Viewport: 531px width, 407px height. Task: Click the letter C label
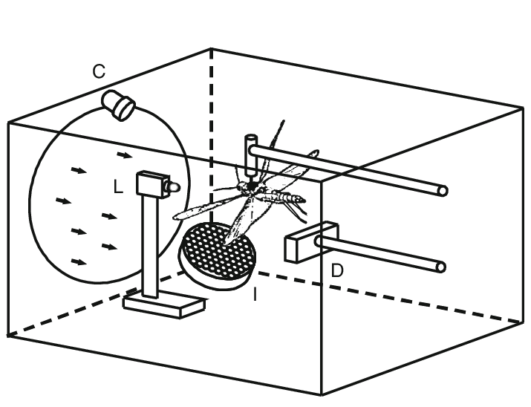click(x=99, y=72)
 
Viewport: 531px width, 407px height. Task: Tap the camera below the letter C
click(x=119, y=104)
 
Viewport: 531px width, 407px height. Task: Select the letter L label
click(x=118, y=189)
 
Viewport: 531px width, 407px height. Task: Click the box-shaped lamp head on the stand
click(x=152, y=183)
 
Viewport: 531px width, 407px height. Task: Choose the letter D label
click(x=337, y=271)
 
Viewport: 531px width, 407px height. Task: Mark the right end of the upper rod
click(x=443, y=191)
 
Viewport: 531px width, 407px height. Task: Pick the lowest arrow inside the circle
click(x=79, y=261)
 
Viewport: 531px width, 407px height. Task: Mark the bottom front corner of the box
click(x=321, y=394)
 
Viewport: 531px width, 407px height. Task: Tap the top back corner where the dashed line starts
click(x=212, y=50)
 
